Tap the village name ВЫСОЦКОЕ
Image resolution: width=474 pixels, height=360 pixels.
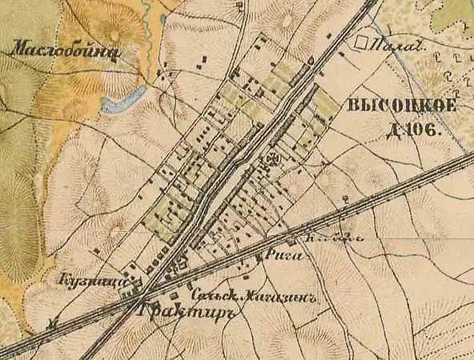401,107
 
